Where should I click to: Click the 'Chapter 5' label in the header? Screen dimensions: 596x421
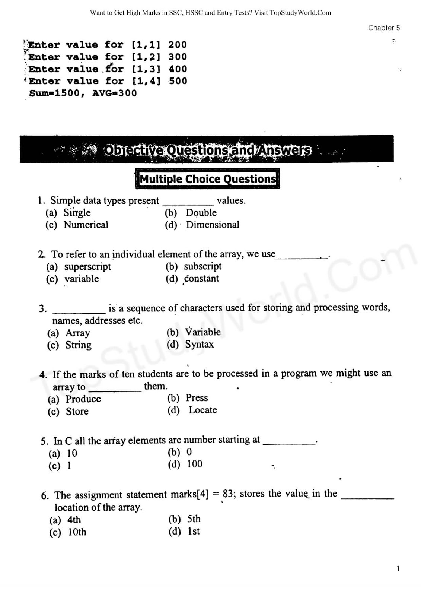point(384,28)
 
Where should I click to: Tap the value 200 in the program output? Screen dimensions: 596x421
point(177,45)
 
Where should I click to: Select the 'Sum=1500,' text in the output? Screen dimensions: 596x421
point(57,93)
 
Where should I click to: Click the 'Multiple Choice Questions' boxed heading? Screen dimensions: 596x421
point(208,179)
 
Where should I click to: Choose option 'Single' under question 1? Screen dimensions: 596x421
point(77,213)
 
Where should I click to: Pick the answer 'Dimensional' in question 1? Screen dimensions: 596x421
point(213,225)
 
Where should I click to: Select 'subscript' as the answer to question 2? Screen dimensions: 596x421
point(202,266)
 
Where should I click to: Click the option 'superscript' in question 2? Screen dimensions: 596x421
point(87,267)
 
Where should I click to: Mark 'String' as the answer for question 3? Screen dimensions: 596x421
point(78,345)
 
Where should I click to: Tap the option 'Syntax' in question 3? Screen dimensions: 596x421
point(200,344)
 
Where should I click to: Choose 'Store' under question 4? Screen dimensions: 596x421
point(77,411)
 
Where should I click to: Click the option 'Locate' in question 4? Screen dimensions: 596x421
point(203,410)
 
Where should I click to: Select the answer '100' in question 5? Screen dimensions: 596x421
point(195,464)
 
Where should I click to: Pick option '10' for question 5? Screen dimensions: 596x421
point(72,453)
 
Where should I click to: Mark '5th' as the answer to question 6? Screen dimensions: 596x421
point(194,519)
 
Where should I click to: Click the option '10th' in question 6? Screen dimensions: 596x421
point(77,532)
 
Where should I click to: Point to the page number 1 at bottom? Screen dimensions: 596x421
point(398,568)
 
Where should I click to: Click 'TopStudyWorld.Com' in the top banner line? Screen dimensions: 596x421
point(300,13)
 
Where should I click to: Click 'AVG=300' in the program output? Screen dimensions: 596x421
point(115,93)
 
